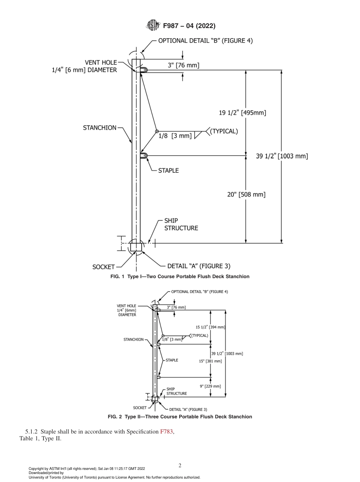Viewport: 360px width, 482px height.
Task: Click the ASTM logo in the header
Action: pos(153,26)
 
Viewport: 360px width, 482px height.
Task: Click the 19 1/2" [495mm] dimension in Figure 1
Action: pos(243,113)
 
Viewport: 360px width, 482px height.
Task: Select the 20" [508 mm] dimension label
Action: pos(246,194)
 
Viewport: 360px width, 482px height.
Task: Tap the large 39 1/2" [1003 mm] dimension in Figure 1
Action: pos(282,156)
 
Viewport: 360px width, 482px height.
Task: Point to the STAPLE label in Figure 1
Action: pos(168,171)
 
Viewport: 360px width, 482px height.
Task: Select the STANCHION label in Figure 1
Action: pos(100,128)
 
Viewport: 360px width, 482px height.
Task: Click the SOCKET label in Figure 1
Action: pos(103,267)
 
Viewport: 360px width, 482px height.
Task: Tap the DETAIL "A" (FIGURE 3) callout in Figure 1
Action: pos(199,266)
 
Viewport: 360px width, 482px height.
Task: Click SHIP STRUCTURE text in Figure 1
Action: pos(181,224)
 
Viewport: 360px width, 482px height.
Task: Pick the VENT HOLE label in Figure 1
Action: pos(101,63)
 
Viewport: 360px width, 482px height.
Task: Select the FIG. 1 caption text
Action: pos(180,277)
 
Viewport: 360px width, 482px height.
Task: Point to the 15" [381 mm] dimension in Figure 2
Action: pos(210,361)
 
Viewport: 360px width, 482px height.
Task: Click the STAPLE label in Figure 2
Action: pos(172,360)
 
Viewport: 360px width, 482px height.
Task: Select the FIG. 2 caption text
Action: pos(180,417)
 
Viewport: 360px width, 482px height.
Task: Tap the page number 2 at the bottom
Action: pos(180,466)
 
